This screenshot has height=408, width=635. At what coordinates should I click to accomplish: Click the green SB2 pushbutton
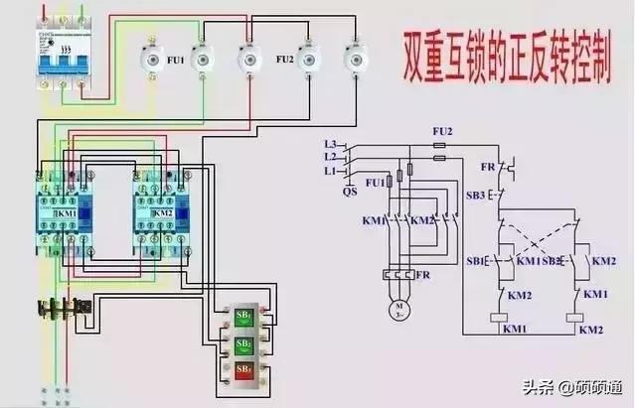click(x=243, y=344)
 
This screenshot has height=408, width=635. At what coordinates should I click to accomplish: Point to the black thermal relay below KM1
click(x=59, y=308)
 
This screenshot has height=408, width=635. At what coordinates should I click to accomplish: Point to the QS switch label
click(x=350, y=192)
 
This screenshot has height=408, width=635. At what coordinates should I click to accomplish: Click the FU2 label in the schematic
click(x=442, y=131)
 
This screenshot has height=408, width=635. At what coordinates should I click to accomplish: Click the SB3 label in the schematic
click(x=476, y=195)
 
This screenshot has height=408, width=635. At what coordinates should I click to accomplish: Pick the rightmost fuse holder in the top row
click(x=353, y=59)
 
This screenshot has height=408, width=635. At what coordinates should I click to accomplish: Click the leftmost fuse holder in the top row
click(x=151, y=59)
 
